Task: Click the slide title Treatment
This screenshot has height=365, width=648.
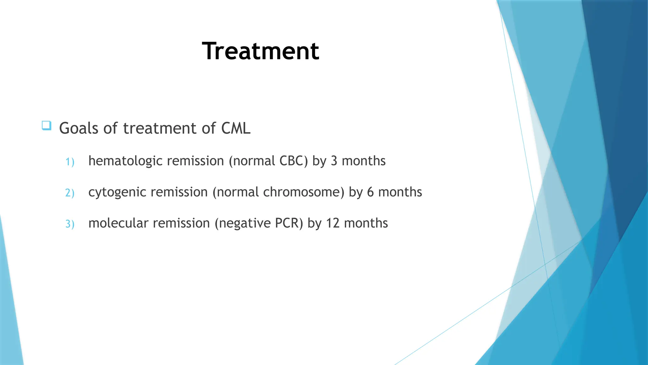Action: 260,51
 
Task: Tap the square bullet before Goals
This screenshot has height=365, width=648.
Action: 47,126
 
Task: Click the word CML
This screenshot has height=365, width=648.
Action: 236,128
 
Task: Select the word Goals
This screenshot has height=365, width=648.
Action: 79,128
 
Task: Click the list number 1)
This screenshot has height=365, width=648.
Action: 70,162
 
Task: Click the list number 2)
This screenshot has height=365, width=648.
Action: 70,193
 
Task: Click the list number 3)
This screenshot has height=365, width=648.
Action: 70,224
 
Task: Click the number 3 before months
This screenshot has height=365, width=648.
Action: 334,161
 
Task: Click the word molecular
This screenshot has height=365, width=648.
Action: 118,223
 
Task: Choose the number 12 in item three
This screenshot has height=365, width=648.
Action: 333,223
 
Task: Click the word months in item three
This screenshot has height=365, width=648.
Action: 366,223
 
